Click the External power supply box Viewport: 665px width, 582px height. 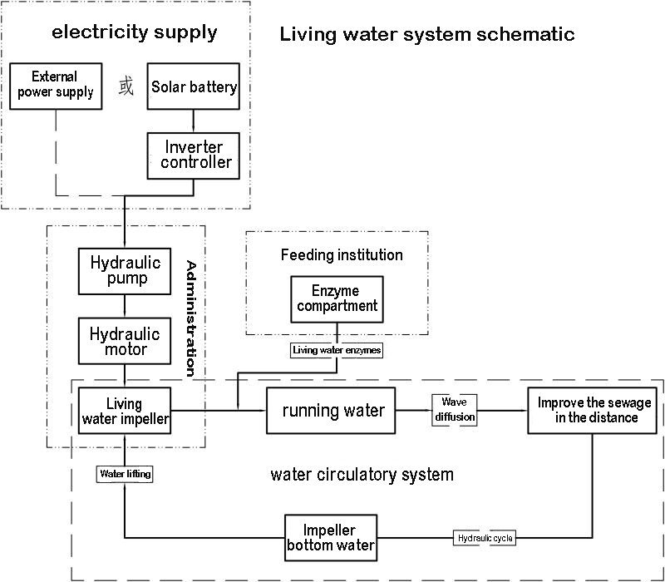click(56, 86)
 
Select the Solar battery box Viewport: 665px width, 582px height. click(194, 86)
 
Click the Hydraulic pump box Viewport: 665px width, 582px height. click(125, 270)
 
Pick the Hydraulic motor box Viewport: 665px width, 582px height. click(125, 341)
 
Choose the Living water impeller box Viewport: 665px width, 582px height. click(125, 411)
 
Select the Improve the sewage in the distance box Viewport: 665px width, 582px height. click(594, 410)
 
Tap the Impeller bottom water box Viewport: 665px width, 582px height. click(331, 538)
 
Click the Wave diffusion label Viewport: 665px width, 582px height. click(454, 409)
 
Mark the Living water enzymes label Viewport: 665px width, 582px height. click(337, 351)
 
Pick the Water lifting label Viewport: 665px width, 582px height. click(126, 474)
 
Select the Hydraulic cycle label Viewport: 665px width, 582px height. click(485, 538)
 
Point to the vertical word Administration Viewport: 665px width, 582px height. click(192, 318)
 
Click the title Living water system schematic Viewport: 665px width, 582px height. click(426, 35)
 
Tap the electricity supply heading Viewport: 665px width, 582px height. click(134, 33)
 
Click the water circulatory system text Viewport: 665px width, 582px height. click(362, 475)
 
